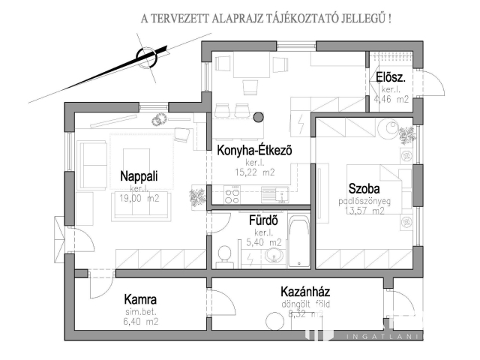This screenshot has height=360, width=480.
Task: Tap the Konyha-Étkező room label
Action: pyautogui.click(x=253, y=150)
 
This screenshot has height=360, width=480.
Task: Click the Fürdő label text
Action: pyautogui.click(x=263, y=220)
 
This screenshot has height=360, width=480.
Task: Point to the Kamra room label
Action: pyautogui.click(x=140, y=298)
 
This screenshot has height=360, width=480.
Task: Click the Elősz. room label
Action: pyautogui.click(x=391, y=76)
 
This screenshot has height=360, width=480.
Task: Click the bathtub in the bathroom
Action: pyautogui.click(x=298, y=241)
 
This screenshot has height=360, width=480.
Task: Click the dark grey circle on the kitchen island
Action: pyautogui.click(x=259, y=118)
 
